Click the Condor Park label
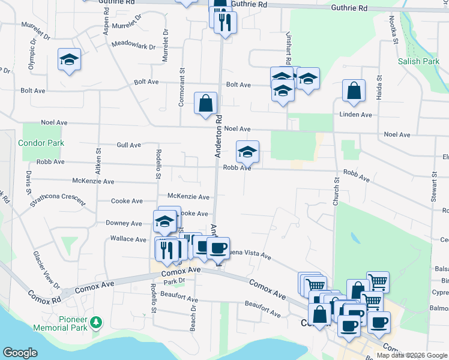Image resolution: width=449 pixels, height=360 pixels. point(41,143)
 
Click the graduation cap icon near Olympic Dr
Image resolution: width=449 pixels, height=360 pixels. point(70,60)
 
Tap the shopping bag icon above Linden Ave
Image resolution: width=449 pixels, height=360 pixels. point(354,91)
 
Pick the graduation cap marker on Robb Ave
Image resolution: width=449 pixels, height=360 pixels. point(247,152)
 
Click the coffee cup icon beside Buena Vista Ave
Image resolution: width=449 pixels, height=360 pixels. point(218,247)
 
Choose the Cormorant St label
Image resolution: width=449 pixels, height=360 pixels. point(181,88)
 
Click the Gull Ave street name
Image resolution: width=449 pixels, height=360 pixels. point(128,145)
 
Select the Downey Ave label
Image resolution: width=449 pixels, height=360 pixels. point(124,223)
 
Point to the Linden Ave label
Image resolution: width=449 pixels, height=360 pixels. point(356,115)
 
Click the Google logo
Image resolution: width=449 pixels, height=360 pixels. point(20,353)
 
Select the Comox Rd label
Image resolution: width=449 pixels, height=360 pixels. point(44,296)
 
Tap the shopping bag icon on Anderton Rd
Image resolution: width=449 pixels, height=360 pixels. point(205,103)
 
